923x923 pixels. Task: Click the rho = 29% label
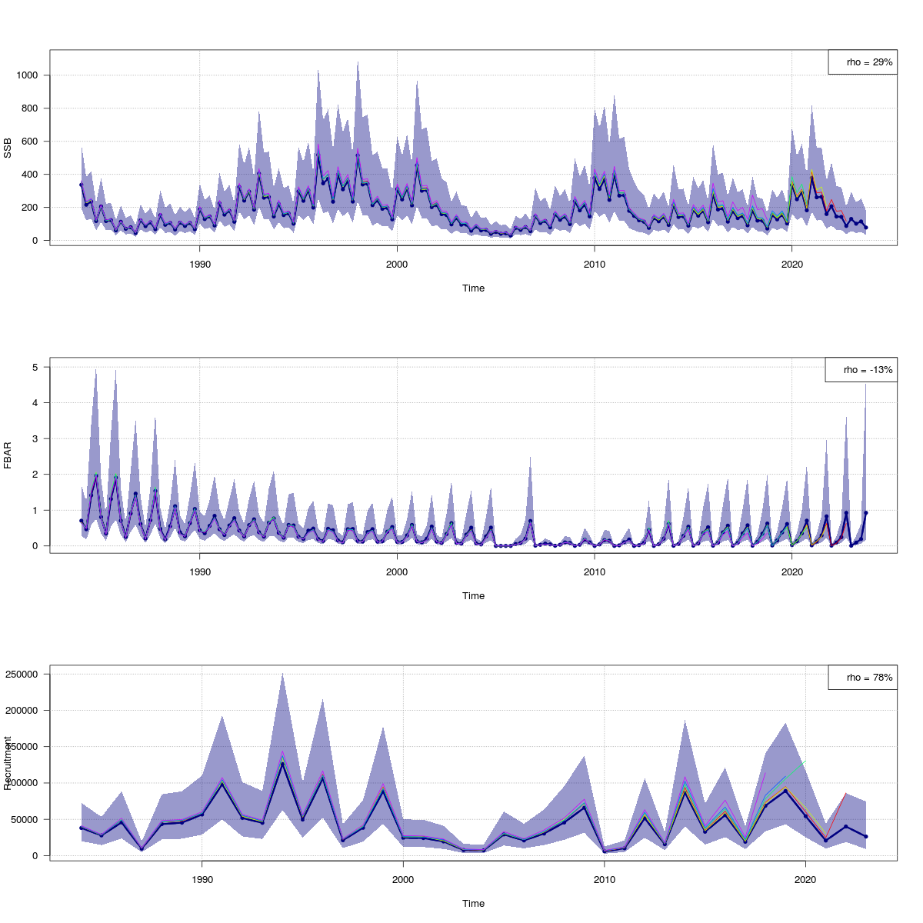(x=869, y=62)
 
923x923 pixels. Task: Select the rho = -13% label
(x=868, y=370)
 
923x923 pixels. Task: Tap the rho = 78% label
(x=869, y=678)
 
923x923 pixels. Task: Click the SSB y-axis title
(x=8, y=148)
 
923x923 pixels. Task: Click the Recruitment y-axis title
(x=8, y=763)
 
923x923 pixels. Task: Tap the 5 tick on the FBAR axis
(x=35, y=368)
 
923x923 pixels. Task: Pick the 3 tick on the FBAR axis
(x=35, y=438)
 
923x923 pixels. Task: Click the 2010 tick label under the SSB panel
(x=594, y=265)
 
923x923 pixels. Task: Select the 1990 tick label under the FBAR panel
(x=200, y=572)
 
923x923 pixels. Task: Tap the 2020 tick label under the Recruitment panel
(x=805, y=880)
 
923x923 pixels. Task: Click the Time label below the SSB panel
(x=473, y=288)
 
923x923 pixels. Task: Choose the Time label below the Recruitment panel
(x=473, y=904)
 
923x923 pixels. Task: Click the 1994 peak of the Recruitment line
(x=282, y=763)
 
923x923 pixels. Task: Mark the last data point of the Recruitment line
(x=866, y=837)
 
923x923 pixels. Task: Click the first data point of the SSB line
(x=81, y=185)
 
